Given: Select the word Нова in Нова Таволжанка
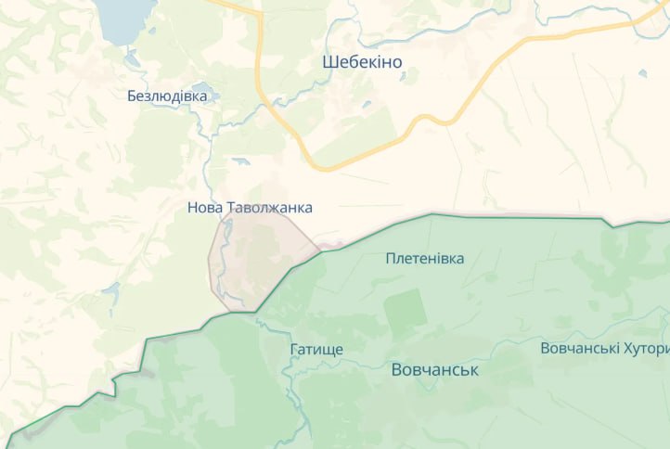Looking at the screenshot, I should pyautogui.click(x=205, y=208).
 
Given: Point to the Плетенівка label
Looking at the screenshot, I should pyautogui.click(x=425, y=258).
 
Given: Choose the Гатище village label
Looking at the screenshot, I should pyautogui.click(x=316, y=350).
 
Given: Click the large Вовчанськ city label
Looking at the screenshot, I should pyautogui.click(x=434, y=369).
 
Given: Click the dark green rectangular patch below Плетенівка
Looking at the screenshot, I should pyautogui.click(x=406, y=313).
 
